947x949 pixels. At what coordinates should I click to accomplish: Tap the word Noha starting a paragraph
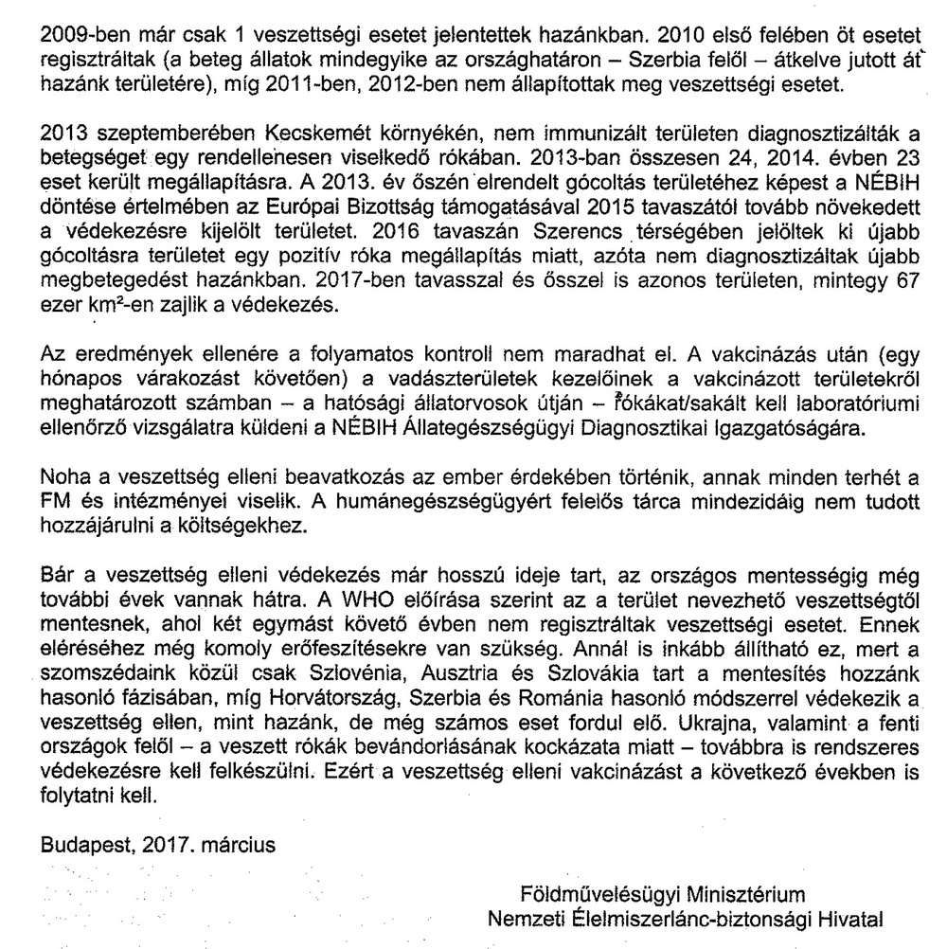65,476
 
